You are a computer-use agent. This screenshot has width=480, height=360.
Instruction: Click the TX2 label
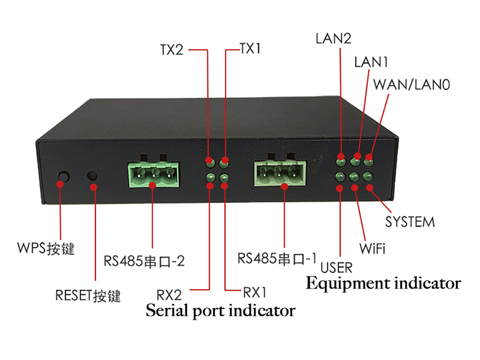(172, 50)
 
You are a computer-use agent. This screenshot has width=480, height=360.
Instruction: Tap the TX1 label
(250, 49)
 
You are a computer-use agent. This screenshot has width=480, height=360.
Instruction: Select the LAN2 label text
(334, 38)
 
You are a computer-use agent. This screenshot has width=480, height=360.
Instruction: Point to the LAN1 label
(371, 62)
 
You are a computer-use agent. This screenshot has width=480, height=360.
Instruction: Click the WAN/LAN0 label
(412, 85)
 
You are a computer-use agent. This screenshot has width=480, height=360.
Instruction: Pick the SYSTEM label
(410, 222)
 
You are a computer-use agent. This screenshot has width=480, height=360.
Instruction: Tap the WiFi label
(372, 248)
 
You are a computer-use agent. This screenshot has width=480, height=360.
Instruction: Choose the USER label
(337, 268)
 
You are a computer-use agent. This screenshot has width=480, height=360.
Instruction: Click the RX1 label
(254, 293)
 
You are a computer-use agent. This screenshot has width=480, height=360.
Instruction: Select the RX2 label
(169, 295)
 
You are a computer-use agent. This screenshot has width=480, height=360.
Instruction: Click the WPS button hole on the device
(64, 176)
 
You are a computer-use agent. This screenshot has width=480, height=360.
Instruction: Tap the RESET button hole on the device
(92, 176)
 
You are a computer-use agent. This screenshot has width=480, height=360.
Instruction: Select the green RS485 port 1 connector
(280, 173)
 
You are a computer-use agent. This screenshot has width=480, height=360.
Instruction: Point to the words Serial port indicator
(220, 311)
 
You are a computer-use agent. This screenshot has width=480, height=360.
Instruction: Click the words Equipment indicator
(383, 283)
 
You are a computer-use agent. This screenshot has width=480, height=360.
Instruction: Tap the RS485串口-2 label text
(144, 261)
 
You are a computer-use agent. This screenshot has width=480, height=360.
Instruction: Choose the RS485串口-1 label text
(277, 259)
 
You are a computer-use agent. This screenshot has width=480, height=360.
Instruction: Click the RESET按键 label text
(88, 296)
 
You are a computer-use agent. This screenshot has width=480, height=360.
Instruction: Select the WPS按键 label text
(46, 248)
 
